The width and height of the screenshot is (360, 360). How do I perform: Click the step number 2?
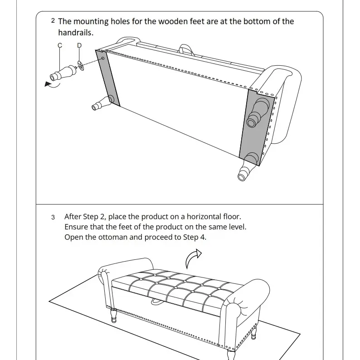coord(53,21)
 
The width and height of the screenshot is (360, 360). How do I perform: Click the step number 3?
coord(53,217)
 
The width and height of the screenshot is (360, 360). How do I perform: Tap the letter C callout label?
coord(60,45)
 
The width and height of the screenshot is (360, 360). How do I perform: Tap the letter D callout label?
coord(79,45)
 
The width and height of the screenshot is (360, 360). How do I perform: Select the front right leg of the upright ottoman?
coord(229,355)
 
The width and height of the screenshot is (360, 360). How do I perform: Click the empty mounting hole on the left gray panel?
coord(103,58)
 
